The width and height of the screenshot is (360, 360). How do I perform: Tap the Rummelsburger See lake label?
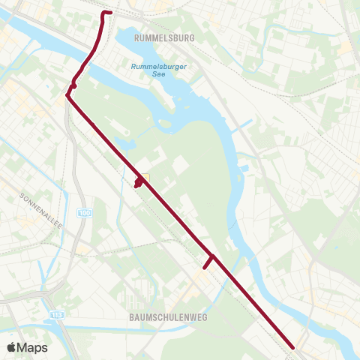(x=158, y=71)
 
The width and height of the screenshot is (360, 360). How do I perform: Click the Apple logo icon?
(x=11, y=348)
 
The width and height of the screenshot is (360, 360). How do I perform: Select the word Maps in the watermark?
(x=32, y=348)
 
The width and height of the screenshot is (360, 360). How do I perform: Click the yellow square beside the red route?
(x=145, y=178)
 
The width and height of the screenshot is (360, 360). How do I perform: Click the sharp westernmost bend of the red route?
(x=67, y=94)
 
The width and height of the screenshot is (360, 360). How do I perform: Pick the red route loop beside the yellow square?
(x=138, y=182)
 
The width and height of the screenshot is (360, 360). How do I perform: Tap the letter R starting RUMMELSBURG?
(x=136, y=36)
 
